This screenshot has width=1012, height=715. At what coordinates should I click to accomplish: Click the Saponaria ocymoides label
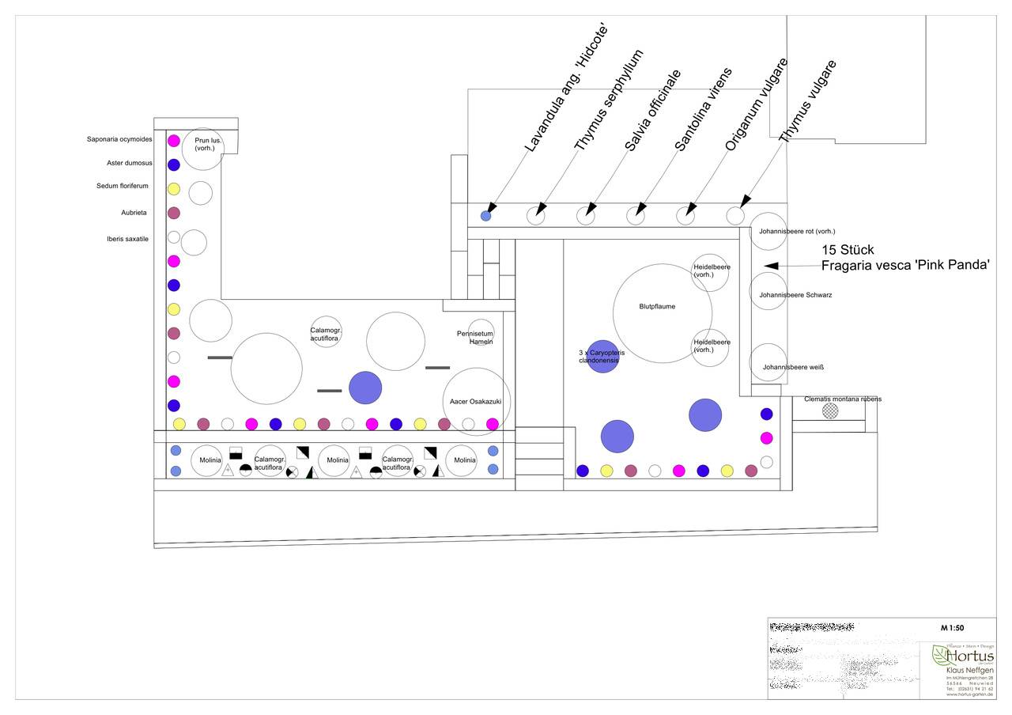pos(119,140)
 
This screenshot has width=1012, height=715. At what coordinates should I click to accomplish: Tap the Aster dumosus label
pos(130,164)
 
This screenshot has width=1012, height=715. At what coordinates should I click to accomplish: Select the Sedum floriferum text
pos(123,187)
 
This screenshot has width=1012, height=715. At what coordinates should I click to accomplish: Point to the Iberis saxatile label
pos(127,239)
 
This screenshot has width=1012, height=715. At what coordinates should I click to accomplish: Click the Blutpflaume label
pos(657,307)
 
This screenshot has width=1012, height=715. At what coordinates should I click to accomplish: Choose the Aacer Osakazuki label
pos(475,402)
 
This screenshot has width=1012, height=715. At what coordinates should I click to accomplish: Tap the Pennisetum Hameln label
pos(475,338)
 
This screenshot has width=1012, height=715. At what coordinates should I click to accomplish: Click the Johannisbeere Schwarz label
pos(795,295)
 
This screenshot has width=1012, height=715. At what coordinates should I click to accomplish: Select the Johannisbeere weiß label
pos(794,368)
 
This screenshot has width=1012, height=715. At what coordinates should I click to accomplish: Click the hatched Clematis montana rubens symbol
pos(829,410)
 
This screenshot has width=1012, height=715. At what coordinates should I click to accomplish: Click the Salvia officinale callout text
pos(652,110)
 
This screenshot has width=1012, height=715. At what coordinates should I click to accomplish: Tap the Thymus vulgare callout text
pos(807,100)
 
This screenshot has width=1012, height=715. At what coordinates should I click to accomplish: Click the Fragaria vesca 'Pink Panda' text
pos(905,266)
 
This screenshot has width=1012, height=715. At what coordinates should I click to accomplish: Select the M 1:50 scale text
pos(952,628)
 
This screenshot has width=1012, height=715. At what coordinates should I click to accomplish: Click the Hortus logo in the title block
pos(962,656)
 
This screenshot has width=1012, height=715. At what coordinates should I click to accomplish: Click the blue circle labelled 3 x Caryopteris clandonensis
pos(602,356)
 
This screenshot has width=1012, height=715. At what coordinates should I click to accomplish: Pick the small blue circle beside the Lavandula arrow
pos(486,215)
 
